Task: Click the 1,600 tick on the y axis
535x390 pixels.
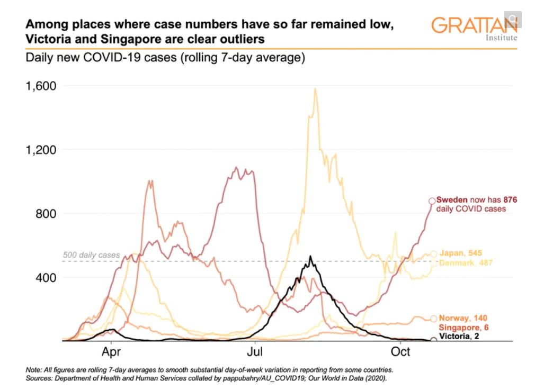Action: [42, 85]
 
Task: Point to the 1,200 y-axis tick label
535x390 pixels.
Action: [42, 149]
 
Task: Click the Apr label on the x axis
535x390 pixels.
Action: [112, 352]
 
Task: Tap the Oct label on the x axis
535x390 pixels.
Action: [400, 352]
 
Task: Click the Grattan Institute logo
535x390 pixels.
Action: [474, 28]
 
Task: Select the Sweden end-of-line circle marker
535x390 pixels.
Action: [432, 201]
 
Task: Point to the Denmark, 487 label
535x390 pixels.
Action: [460, 262]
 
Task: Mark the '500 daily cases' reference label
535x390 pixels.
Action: [91, 255]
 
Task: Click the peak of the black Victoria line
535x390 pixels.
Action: [310, 257]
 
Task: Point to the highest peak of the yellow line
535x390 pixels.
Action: [315, 89]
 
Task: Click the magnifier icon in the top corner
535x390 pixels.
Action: [513, 19]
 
